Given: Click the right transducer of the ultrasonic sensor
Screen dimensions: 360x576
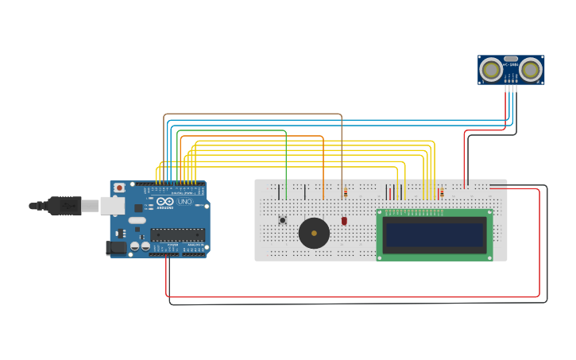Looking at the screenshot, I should click(531, 71).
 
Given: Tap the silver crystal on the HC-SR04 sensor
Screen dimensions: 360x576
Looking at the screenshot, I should click(511, 59).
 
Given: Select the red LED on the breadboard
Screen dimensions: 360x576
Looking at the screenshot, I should click(344, 221).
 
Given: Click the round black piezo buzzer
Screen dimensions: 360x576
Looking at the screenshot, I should click(314, 234).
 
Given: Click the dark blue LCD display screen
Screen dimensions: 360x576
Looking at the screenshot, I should click(435, 234).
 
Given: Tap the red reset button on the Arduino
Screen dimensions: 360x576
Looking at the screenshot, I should click(119, 188).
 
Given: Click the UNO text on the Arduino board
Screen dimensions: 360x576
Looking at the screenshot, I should click(184, 202).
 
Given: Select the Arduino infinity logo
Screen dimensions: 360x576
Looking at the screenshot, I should click(165, 202).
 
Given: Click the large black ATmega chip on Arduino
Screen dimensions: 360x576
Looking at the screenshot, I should click(177, 234).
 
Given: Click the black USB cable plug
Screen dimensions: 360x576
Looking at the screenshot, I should click(64, 206).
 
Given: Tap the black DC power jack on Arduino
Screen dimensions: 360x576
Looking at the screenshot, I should click(117, 247).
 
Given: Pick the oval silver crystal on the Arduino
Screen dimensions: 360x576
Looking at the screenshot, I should click(137, 220).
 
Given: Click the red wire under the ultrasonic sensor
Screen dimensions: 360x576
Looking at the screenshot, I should click(465, 159).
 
